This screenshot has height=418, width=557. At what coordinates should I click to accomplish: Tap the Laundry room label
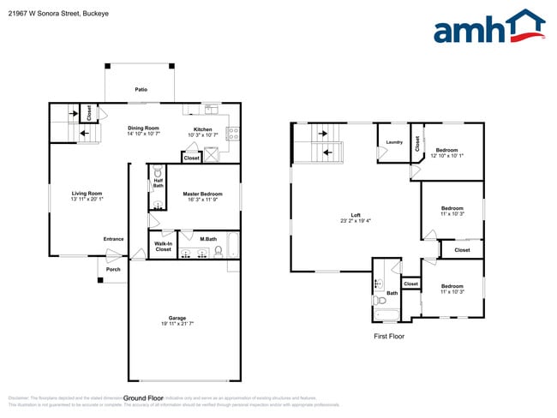point(394,142)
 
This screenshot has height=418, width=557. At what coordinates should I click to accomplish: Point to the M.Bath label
point(207,239)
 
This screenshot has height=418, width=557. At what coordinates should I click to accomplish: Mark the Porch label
point(113,270)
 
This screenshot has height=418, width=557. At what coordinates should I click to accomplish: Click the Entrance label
point(113,239)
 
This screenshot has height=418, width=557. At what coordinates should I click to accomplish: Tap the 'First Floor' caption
point(388,337)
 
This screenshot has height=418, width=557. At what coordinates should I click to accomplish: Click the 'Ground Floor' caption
point(144,398)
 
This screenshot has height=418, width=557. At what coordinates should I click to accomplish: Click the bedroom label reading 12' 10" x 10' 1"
point(446,152)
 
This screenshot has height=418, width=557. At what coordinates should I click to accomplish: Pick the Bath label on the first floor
point(392,294)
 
